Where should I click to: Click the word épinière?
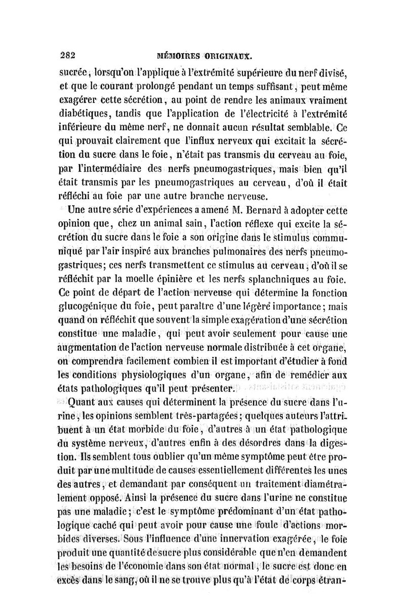point(179,279)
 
